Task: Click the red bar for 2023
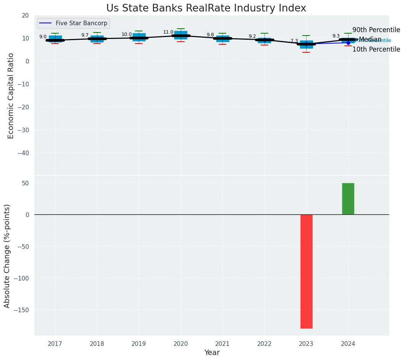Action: point(307,271)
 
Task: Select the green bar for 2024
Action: point(348,199)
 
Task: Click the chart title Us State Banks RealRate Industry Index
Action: point(206,8)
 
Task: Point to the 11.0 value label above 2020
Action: point(168,32)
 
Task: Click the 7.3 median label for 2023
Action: point(294,41)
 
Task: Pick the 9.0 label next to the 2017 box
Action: point(43,37)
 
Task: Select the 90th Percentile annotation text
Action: point(376,30)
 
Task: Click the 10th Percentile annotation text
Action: point(376,49)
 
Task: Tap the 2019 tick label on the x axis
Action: point(139,344)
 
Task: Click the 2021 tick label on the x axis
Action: point(222,344)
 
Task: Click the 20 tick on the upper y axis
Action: point(25,15)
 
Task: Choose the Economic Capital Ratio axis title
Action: point(11,96)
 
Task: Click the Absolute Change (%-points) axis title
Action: point(7,256)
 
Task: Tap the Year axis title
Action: point(212,353)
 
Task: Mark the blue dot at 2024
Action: point(348,43)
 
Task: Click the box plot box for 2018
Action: point(97,39)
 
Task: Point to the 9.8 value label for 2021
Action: point(210,35)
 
